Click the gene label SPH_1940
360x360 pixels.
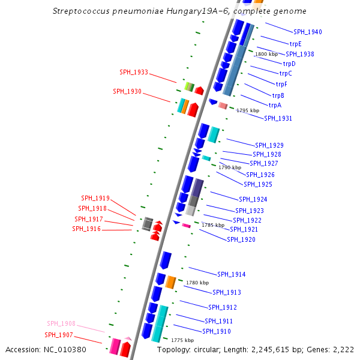(x=307, y=32)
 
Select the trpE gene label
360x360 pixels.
(x=295, y=44)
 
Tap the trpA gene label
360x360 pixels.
(x=275, y=105)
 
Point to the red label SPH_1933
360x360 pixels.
(x=134, y=72)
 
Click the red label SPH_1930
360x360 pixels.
(x=127, y=91)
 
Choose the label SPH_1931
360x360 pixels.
(x=278, y=118)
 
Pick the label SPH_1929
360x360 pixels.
(x=269, y=145)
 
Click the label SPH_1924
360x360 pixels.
(x=253, y=199)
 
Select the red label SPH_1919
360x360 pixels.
(x=95, y=198)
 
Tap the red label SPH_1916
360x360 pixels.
(x=86, y=229)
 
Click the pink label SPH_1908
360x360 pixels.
(x=61, y=323)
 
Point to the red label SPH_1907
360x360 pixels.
(x=58, y=335)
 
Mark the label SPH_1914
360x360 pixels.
(x=232, y=274)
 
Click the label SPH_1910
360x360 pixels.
(x=217, y=331)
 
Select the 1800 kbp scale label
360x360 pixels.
(x=266, y=55)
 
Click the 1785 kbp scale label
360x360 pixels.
(x=212, y=225)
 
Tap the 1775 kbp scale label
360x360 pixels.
(x=182, y=340)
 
